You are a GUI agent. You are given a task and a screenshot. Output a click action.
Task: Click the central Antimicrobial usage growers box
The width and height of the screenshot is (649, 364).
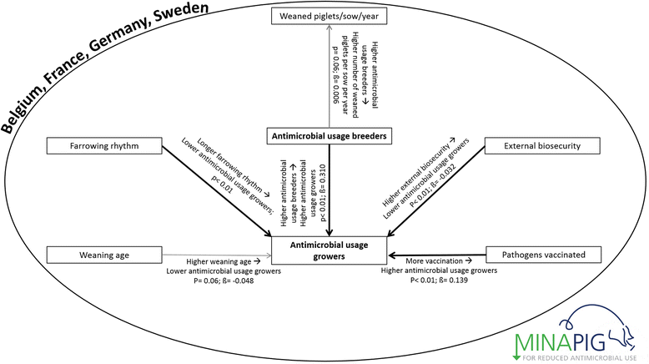tap(330, 249)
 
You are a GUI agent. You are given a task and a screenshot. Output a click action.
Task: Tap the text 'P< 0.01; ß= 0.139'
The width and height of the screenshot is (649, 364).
tap(438, 281)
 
